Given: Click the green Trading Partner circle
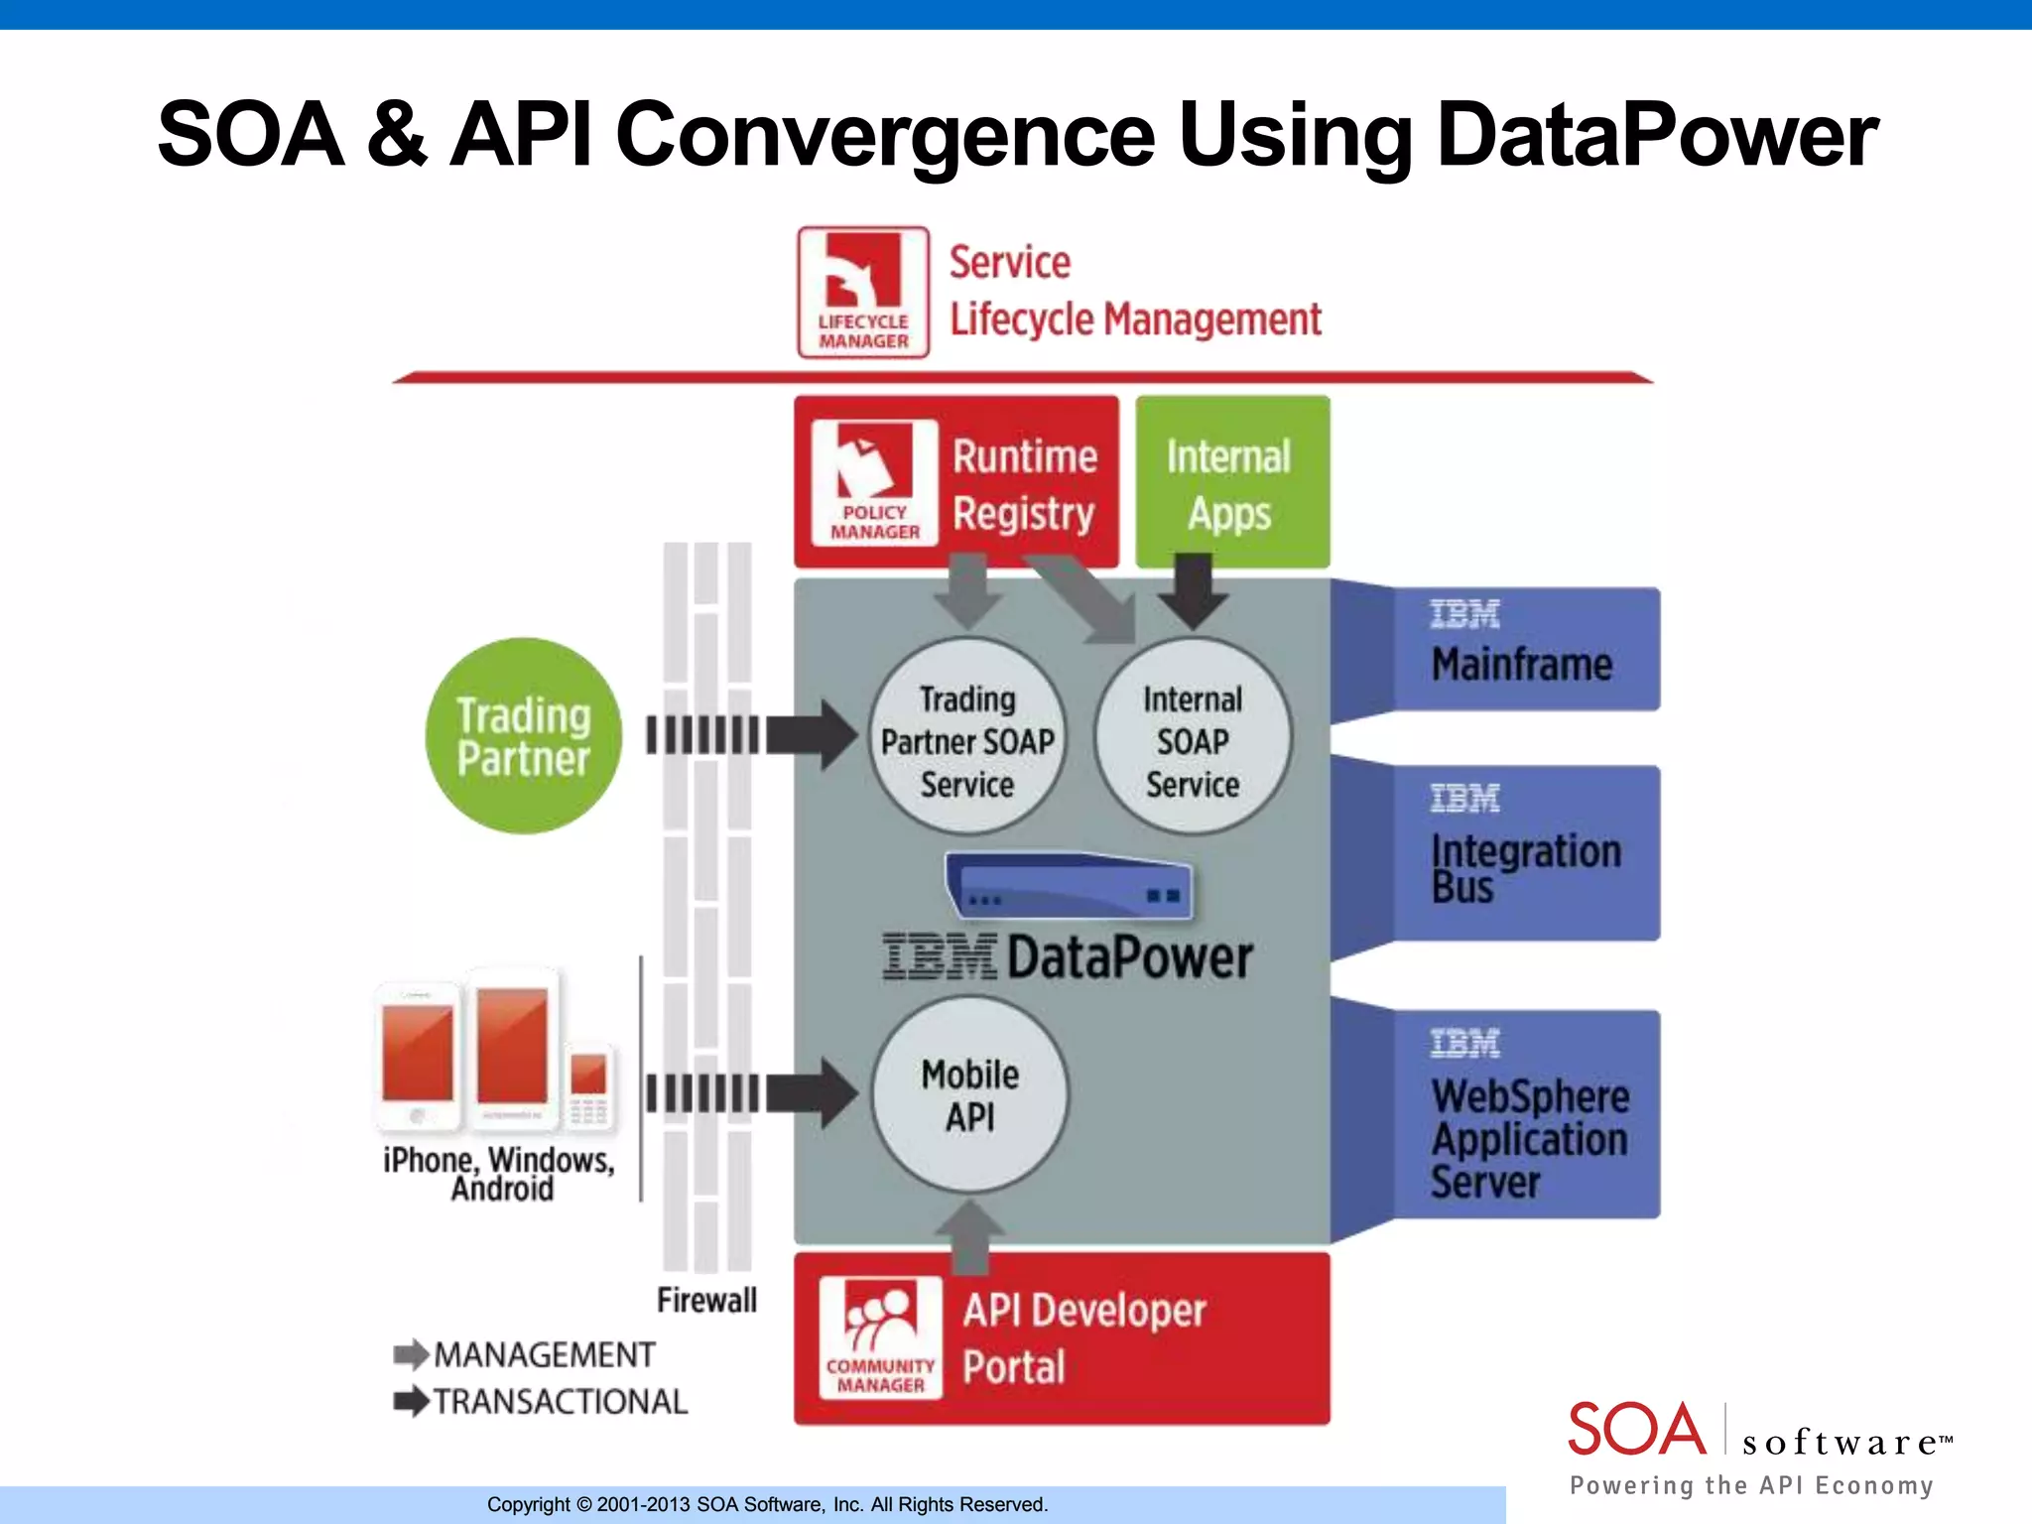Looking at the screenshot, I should click(523, 735).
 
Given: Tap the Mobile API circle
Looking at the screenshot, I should click(969, 1094).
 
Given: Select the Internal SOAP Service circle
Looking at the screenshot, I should click(1193, 736).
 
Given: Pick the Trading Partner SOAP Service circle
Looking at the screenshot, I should click(967, 736).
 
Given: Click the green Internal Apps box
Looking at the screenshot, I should click(1231, 482).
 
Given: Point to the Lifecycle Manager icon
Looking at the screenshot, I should click(863, 292).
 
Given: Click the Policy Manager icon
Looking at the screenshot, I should click(874, 482).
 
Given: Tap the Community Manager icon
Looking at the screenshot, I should click(880, 1337).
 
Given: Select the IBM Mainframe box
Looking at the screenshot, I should click(1525, 649).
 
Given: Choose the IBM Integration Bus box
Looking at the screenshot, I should click(1525, 852).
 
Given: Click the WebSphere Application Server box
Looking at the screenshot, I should click(1525, 1113).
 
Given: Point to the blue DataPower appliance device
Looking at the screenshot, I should click(1070, 885).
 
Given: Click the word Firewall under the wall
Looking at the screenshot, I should click(706, 1300).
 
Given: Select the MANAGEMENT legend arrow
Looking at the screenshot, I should click(411, 1354).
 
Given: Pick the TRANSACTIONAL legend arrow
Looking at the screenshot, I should click(411, 1401).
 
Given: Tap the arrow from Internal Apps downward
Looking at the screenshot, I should click(1193, 591).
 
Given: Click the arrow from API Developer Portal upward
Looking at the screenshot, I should click(970, 1236).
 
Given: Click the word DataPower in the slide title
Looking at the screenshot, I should click(1656, 135).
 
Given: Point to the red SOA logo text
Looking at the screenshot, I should click(1636, 1429).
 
